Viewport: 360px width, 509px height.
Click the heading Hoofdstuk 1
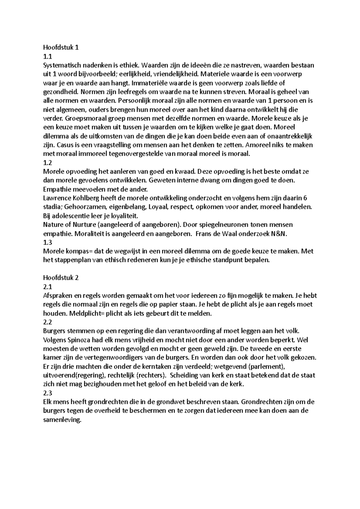[61, 47]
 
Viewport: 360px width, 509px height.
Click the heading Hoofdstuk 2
[61, 278]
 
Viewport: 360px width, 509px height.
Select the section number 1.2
[47, 163]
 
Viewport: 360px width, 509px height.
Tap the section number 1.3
[47, 243]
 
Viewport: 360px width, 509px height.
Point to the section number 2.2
[47, 322]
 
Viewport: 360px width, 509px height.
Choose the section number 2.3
[47, 393]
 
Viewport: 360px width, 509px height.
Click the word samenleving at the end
[62, 420]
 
